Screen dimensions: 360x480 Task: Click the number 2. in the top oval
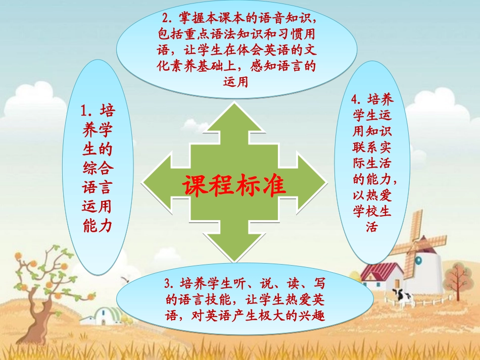click(167, 18)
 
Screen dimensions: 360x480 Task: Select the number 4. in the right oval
click(357, 99)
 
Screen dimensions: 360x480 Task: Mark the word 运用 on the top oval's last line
click(235, 81)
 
